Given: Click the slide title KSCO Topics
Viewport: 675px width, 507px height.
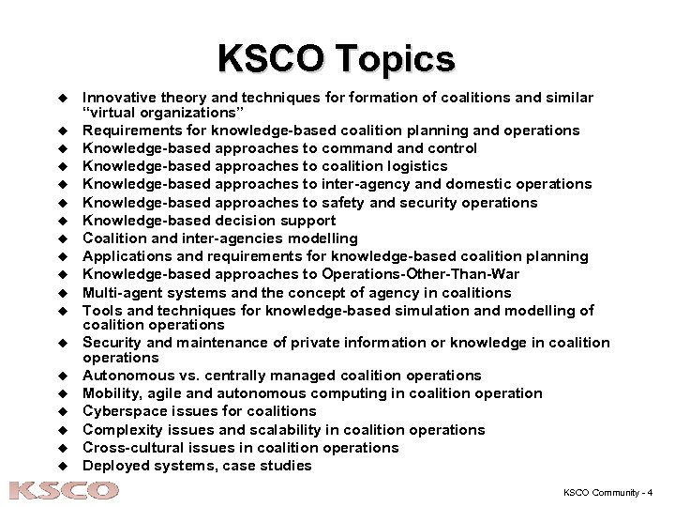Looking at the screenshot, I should pos(336,58).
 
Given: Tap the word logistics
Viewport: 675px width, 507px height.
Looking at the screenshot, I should pos(413,166).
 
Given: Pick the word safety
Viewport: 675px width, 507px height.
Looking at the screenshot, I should pos(337,203).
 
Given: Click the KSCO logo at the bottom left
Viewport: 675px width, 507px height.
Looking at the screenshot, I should pos(64,490).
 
